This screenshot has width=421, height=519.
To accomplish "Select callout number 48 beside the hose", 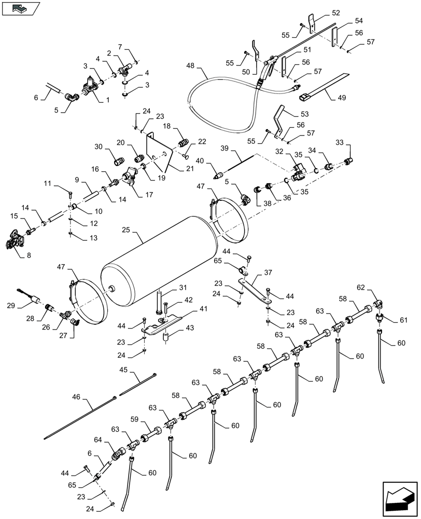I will pos(191,66).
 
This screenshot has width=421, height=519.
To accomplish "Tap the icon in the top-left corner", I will pos(20,8).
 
